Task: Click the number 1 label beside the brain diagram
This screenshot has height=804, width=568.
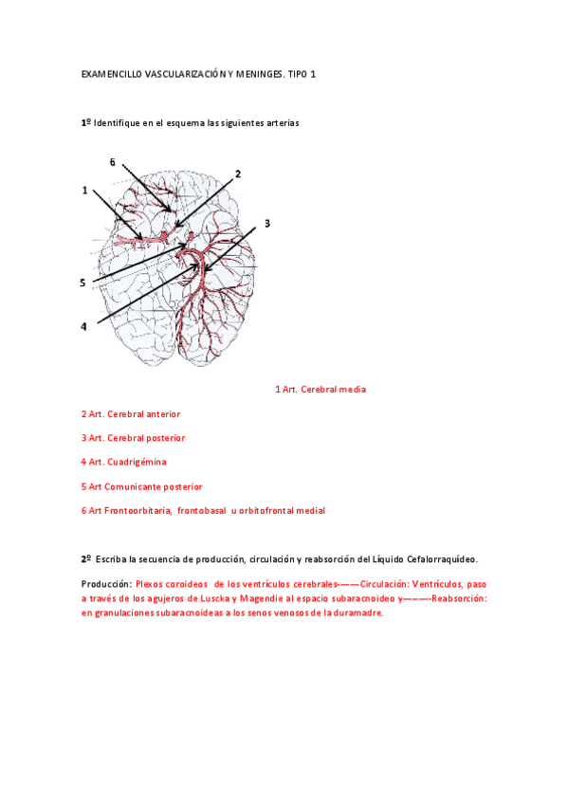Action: click(x=84, y=190)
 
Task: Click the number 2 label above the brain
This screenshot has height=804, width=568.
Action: click(x=238, y=174)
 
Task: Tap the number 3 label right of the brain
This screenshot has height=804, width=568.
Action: click(x=267, y=223)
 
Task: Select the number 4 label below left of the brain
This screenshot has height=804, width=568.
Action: click(x=83, y=326)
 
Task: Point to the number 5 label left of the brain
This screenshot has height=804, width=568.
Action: click(x=83, y=283)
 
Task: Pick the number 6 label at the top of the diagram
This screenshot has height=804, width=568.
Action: click(x=112, y=162)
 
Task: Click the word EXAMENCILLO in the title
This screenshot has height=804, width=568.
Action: click(x=112, y=73)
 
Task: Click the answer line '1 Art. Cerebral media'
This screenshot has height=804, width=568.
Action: click(x=320, y=390)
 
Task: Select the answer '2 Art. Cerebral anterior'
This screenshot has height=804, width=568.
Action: click(x=131, y=414)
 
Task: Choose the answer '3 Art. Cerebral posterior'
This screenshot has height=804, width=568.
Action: click(x=133, y=438)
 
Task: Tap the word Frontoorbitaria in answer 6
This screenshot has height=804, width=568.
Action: click(x=141, y=511)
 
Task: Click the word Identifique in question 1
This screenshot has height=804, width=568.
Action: click(x=118, y=123)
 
